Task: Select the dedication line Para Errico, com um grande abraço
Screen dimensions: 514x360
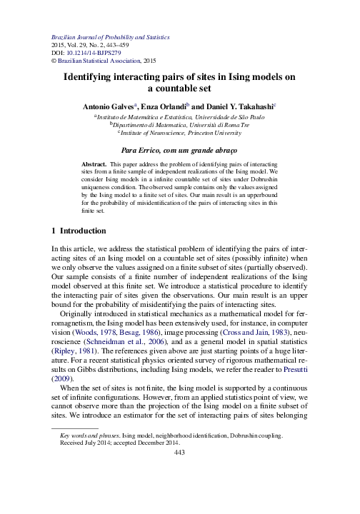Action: [179, 151]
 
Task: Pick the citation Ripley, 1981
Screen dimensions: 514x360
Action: [75, 343]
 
